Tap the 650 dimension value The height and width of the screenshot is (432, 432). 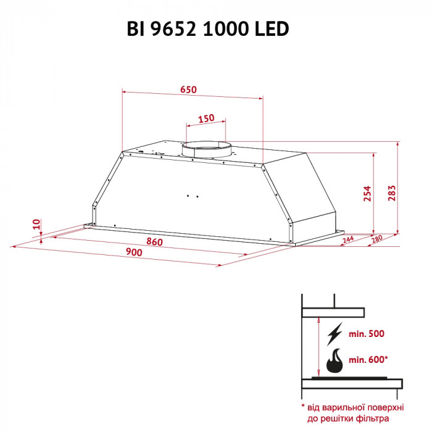(x=188, y=89)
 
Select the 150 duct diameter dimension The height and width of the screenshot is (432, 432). (x=206, y=118)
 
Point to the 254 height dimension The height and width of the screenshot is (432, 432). (x=367, y=193)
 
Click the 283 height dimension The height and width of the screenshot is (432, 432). (x=390, y=193)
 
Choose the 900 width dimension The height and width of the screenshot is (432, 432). (x=133, y=253)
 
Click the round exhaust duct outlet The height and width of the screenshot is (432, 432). (x=206, y=149)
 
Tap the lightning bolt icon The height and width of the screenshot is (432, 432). (x=335, y=334)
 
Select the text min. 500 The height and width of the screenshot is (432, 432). (x=367, y=334)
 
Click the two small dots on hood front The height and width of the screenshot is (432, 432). (x=192, y=196)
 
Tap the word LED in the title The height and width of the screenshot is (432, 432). (x=272, y=29)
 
